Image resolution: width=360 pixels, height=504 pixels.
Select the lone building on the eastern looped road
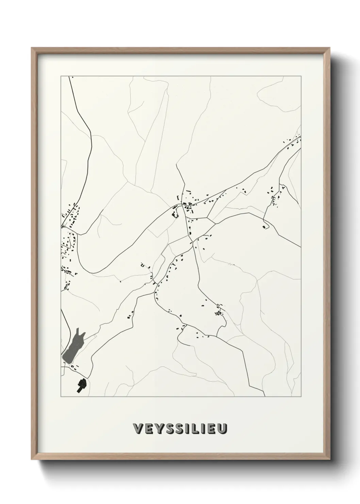tap(264, 226)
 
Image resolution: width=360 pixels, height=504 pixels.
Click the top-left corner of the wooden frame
tap(32, 48)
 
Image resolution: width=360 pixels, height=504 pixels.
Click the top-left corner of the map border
tap(61, 76)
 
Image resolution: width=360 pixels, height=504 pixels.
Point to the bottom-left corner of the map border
tap(61, 397)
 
